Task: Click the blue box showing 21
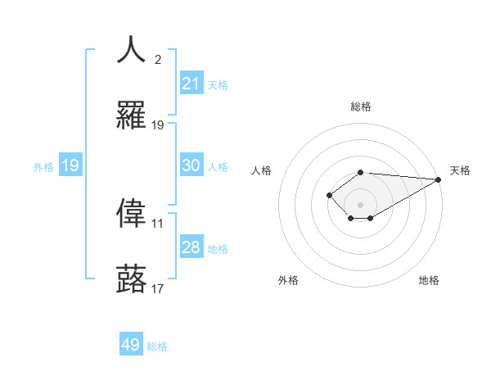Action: tap(191, 84)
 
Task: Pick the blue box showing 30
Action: tap(191, 165)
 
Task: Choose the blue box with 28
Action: tap(191, 247)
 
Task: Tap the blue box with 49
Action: tap(131, 345)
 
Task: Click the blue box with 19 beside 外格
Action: tap(70, 165)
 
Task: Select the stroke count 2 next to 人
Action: tap(158, 59)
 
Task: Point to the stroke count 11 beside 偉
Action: tap(158, 223)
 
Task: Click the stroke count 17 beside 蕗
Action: tap(158, 288)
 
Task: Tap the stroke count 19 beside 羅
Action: tap(158, 125)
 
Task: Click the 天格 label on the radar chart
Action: tap(460, 170)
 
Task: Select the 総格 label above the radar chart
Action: tap(360, 106)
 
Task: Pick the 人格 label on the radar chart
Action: tap(262, 170)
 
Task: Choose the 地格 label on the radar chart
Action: tap(429, 280)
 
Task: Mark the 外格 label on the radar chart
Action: tap(288, 280)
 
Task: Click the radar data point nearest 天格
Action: tap(439, 179)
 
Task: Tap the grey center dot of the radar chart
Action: tap(360, 204)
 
